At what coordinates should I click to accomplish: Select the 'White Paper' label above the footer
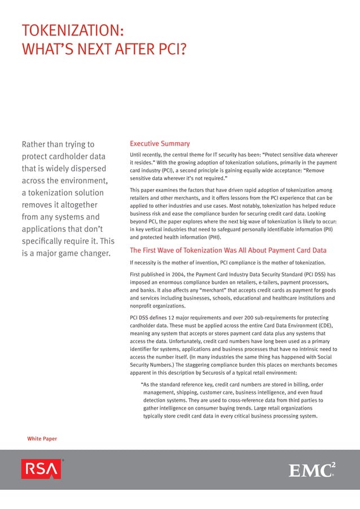pos(42,438)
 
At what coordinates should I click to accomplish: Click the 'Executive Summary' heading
pos(160,144)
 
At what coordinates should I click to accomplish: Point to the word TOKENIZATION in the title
pos(72,30)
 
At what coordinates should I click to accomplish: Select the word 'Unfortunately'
pos(175,341)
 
